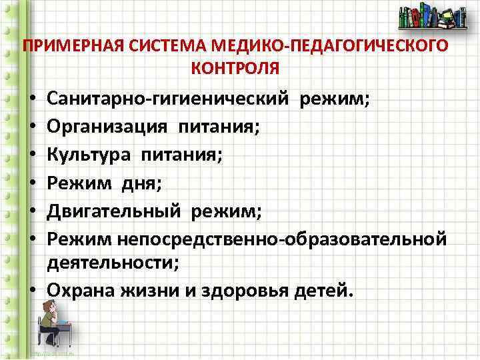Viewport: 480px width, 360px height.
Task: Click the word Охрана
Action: (x=80, y=291)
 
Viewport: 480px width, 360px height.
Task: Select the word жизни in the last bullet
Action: (x=154, y=291)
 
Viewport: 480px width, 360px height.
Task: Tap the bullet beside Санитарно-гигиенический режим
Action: (x=32, y=99)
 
